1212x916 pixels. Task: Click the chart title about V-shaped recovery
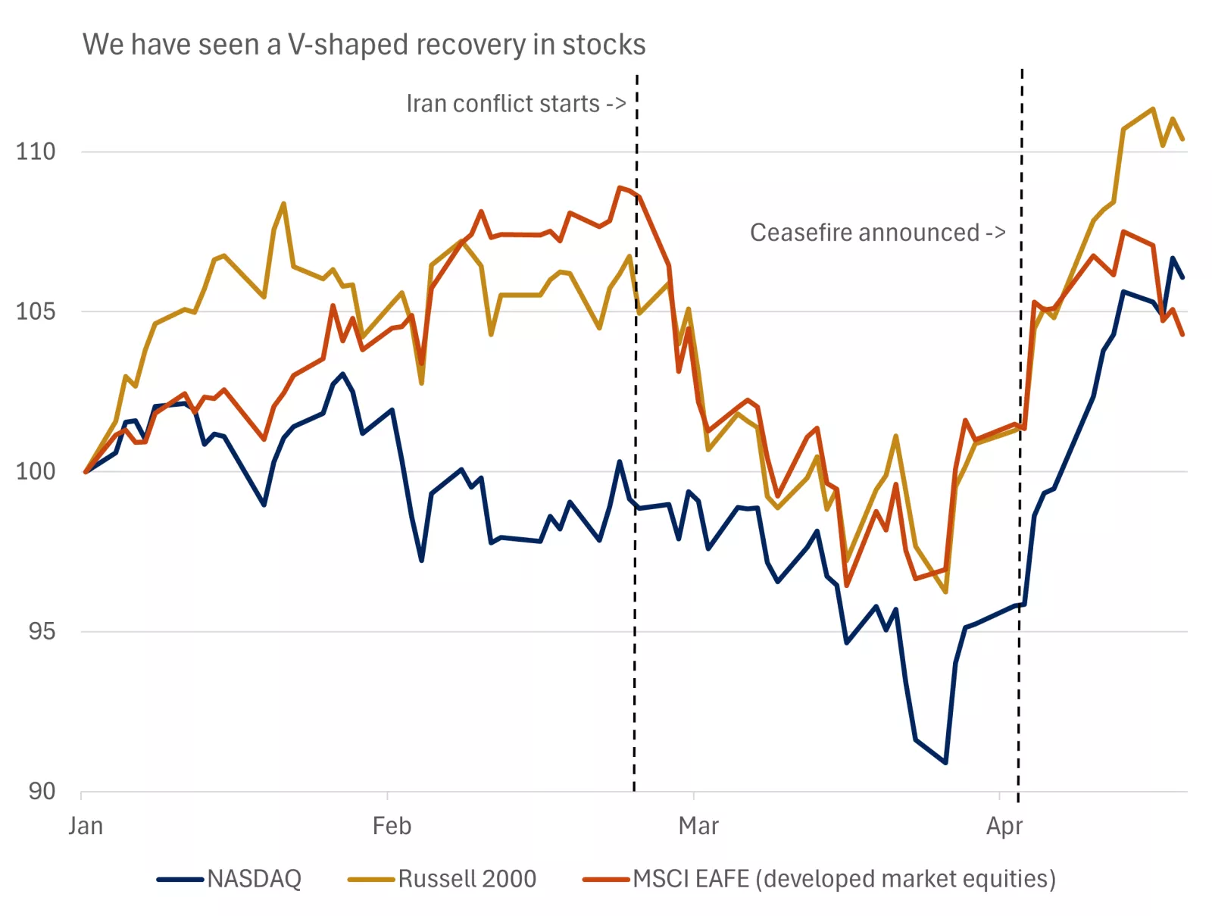364,45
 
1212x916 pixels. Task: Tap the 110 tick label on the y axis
36,152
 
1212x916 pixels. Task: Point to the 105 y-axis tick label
36,311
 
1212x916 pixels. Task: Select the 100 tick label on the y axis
36,471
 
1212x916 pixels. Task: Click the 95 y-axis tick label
42,631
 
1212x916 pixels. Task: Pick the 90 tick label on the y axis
42,791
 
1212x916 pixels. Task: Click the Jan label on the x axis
86,826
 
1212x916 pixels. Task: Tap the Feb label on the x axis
392,826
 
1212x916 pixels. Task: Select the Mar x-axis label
698,826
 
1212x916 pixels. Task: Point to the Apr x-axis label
1004,826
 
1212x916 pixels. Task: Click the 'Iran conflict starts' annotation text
516,104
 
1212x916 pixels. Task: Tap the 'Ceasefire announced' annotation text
877,233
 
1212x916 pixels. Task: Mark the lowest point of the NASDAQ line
945,762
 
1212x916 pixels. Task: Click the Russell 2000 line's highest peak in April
1153,108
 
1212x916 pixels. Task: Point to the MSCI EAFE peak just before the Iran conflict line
620,187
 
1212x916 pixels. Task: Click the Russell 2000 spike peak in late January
283,203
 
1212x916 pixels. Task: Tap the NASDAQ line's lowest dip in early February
421,560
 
